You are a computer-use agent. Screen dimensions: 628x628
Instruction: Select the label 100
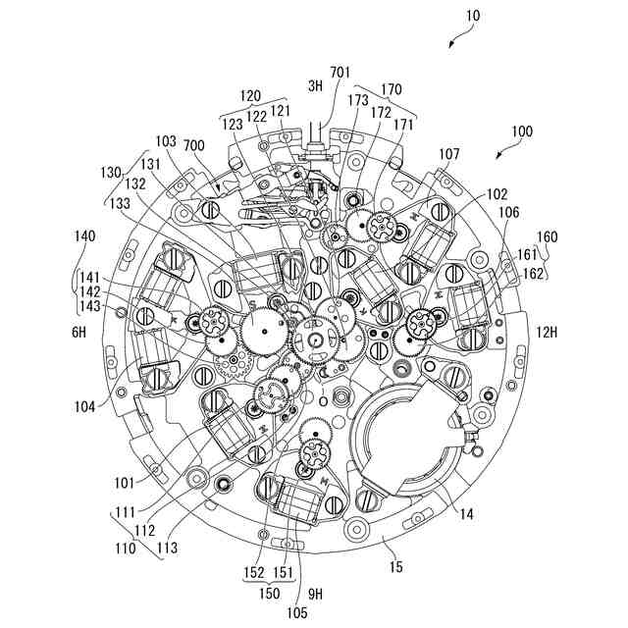pyautogui.click(x=522, y=131)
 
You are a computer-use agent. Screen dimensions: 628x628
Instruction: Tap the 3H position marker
pyautogui.click(x=315, y=86)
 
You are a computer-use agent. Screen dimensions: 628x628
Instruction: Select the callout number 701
pyautogui.click(x=340, y=72)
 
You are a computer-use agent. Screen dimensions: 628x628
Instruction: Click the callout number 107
pyautogui.click(x=449, y=153)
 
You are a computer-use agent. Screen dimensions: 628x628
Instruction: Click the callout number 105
pyautogui.click(x=298, y=612)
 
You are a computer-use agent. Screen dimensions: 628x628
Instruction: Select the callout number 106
pyautogui.click(x=508, y=212)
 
